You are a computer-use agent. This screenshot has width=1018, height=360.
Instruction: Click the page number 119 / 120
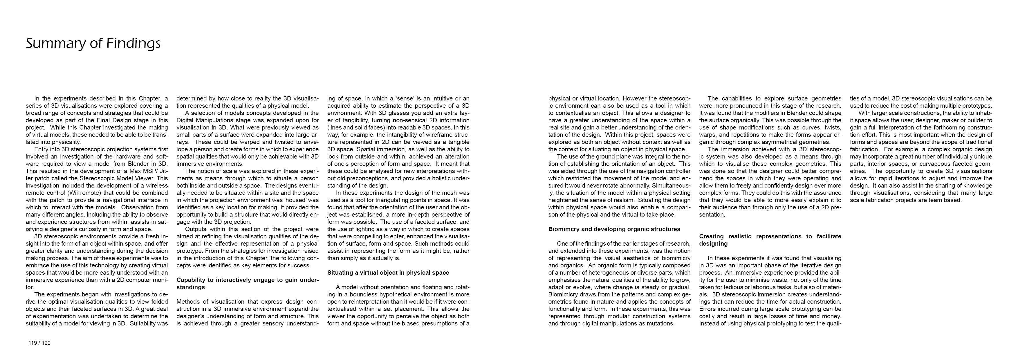[x=39, y=343]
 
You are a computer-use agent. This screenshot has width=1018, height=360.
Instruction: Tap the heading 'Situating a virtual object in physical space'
[x=388, y=273]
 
